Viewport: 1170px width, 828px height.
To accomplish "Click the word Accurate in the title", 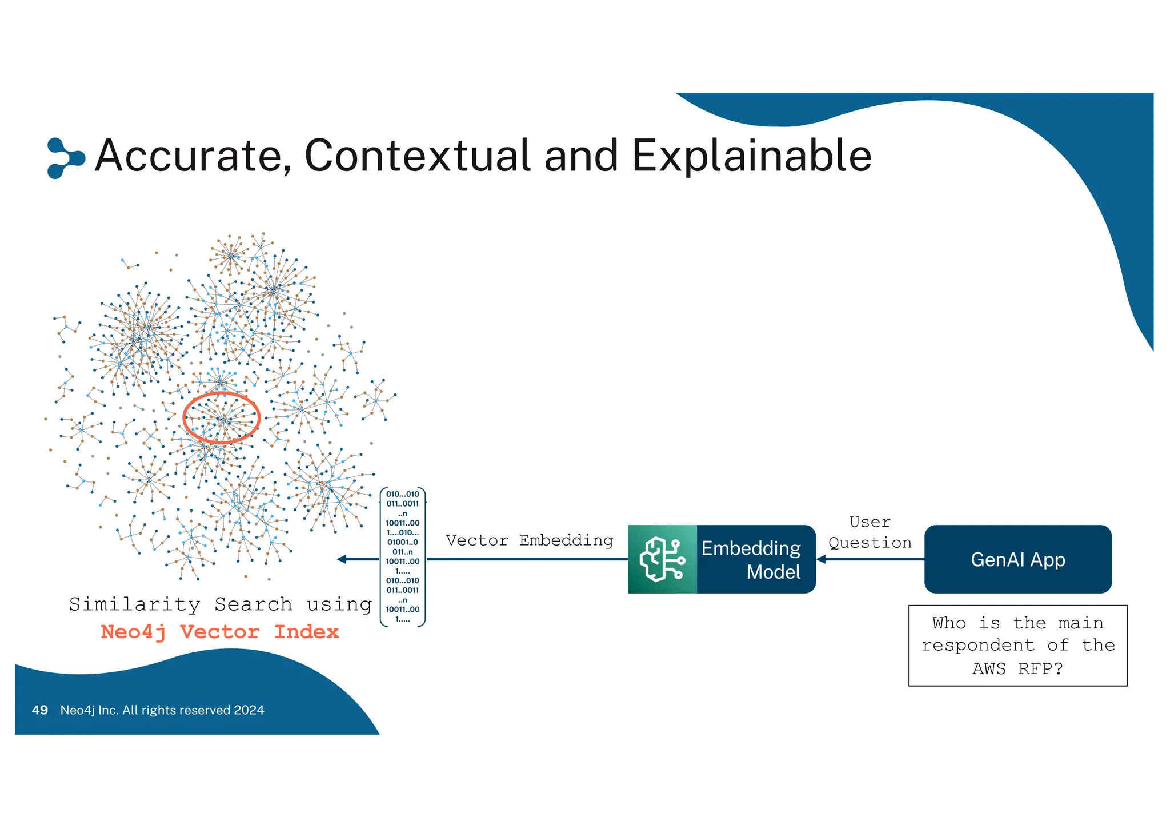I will click(193, 156).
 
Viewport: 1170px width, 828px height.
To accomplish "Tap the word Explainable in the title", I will click(751, 156).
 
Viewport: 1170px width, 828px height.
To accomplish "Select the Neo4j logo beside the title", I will click(65, 158).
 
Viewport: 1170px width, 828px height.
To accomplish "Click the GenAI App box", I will click(1017, 559).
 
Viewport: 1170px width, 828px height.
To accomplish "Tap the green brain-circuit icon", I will click(662, 559).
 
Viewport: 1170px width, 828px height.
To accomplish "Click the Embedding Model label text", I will click(752, 560).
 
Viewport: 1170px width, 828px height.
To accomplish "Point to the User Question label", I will click(870, 532).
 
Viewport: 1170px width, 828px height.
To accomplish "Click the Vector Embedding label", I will click(529, 540).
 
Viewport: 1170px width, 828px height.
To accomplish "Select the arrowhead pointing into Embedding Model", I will click(822, 559).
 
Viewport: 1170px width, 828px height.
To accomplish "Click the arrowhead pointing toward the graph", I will click(342, 559).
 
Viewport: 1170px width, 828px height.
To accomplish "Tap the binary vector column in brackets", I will click(403, 557).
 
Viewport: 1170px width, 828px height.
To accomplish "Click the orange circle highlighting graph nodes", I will click(221, 418).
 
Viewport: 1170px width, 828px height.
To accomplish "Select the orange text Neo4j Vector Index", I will click(220, 632).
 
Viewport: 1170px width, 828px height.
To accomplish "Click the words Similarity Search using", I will click(220, 604).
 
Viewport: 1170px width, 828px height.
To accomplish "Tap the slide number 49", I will click(40, 710).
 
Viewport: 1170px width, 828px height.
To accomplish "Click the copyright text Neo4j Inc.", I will click(162, 710).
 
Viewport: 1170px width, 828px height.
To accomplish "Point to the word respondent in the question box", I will click(977, 646).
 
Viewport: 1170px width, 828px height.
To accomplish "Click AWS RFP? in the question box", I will click(1017, 668).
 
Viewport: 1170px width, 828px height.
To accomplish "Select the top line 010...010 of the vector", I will click(403, 494).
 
